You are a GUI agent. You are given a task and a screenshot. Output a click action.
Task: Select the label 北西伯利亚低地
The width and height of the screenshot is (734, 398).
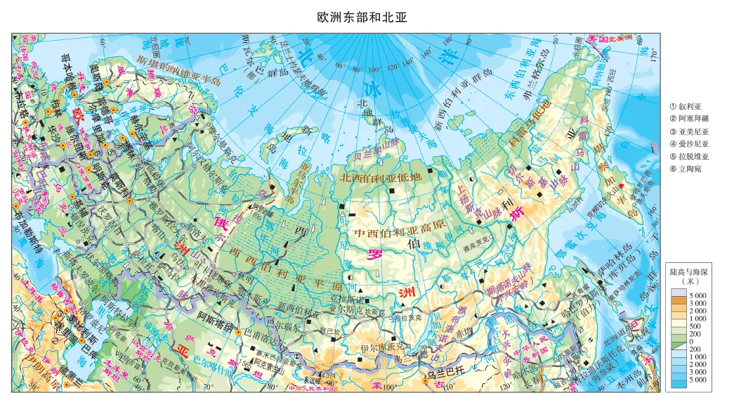(x=380, y=177)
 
